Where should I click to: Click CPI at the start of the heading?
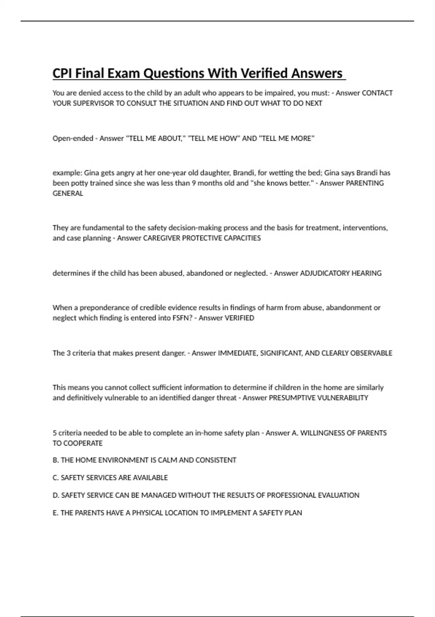(62, 73)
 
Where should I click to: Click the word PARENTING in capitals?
(365, 183)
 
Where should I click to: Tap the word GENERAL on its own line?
(68, 193)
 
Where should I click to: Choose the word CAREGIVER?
(161, 238)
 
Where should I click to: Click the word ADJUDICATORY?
(325, 273)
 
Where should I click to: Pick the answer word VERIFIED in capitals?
(240, 318)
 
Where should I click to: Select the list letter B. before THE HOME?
(56, 460)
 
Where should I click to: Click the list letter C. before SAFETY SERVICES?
(56, 478)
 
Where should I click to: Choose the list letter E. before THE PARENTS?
(55, 513)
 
